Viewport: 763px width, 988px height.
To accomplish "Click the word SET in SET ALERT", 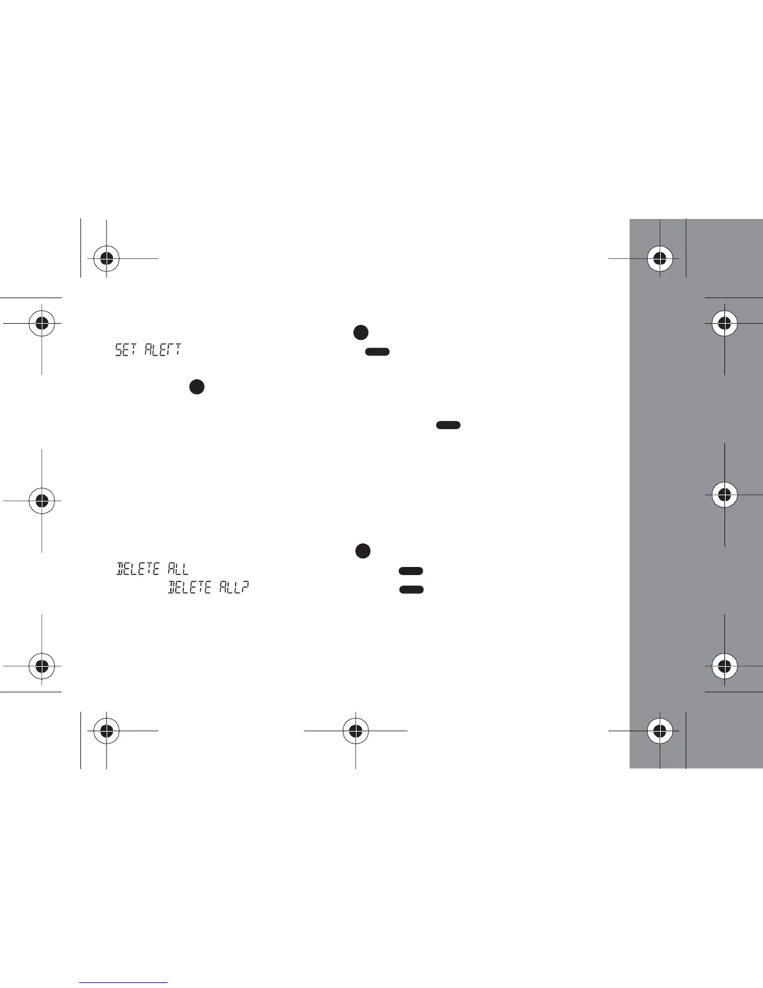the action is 127,349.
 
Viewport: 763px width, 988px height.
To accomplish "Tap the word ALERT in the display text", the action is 163,349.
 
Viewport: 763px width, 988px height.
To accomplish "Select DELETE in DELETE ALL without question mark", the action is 138,568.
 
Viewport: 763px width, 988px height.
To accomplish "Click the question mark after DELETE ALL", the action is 246,587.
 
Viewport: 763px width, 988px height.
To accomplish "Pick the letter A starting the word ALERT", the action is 150,349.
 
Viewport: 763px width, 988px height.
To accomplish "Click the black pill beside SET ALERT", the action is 377,352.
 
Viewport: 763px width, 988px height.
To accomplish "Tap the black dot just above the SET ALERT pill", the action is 360,332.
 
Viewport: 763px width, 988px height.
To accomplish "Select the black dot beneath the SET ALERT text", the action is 196,387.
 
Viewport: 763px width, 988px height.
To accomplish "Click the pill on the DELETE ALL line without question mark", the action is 411,571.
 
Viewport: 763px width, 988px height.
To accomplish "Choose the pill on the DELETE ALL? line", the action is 411,589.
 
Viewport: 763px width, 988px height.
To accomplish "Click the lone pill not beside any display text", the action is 448,425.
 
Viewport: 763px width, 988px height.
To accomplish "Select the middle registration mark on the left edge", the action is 41,500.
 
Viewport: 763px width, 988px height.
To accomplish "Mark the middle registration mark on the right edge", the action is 724,494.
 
